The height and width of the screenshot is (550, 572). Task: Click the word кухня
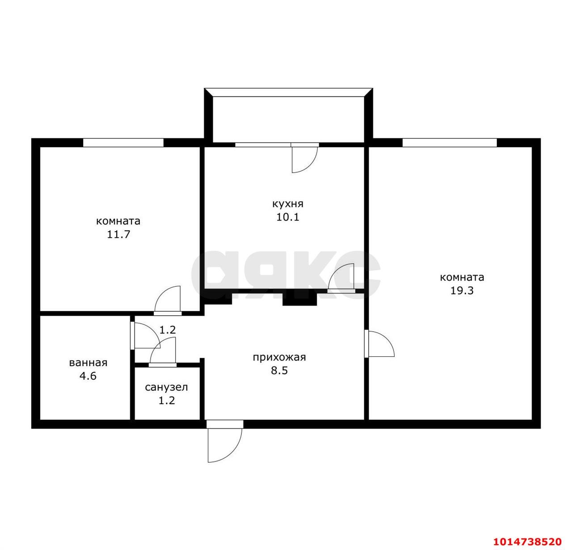click(288, 203)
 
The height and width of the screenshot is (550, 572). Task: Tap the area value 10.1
click(287, 217)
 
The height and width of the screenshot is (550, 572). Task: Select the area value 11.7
click(118, 235)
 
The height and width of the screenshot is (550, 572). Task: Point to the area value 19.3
click(462, 291)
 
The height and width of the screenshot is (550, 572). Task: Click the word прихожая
click(279, 357)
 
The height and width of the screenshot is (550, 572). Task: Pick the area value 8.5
click(279, 371)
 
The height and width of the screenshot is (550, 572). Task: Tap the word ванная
click(88, 363)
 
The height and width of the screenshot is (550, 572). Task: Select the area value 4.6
click(88, 376)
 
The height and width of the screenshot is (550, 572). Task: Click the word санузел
click(166, 388)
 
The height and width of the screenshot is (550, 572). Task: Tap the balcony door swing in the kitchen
click(304, 160)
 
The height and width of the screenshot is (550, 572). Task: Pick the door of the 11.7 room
click(168, 300)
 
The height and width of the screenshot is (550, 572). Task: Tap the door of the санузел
click(163, 352)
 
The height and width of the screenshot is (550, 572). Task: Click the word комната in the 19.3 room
click(462, 277)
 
